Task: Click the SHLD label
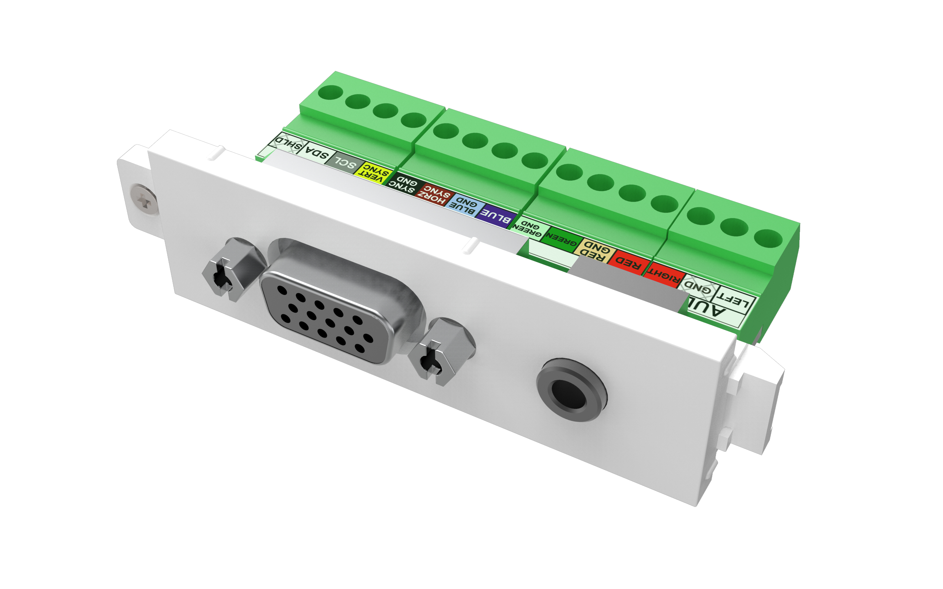289,143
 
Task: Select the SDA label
316,154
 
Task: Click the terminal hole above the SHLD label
330,93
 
